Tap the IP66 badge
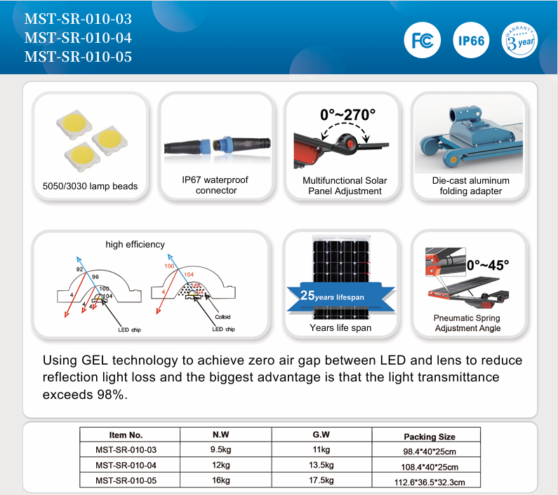click(x=472, y=40)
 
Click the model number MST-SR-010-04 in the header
click(x=78, y=38)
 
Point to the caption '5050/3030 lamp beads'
click(x=90, y=187)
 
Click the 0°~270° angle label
click(x=347, y=114)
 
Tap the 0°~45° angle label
click(x=487, y=265)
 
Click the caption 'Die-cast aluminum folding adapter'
click(x=470, y=186)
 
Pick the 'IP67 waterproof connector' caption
click(x=215, y=185)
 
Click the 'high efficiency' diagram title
click(x=135, y=245)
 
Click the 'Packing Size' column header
click(x=430, y=436)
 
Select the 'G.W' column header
click(x=321, y=435)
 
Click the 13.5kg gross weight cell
click(x=321, y=466)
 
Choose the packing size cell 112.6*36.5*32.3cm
click(x=430, y=482)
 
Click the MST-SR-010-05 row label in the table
click(x=126, y=480)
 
